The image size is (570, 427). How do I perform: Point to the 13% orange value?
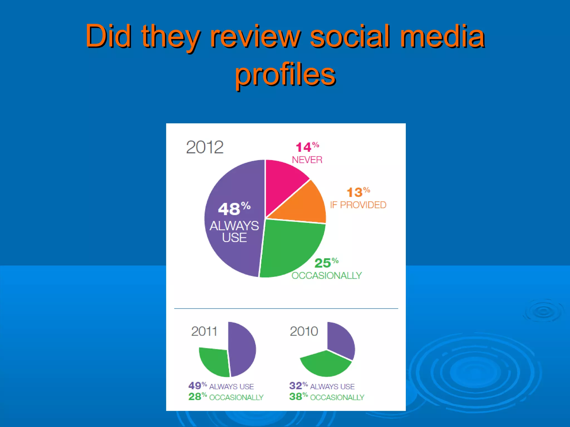pos(358,192)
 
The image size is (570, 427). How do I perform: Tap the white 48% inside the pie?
pos(234,209)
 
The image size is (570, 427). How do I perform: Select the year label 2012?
pos(205,147)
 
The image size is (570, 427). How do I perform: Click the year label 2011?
pos(204,331)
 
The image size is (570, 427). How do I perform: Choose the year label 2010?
pos(304,331)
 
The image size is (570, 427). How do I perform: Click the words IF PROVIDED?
pos(358,205)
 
